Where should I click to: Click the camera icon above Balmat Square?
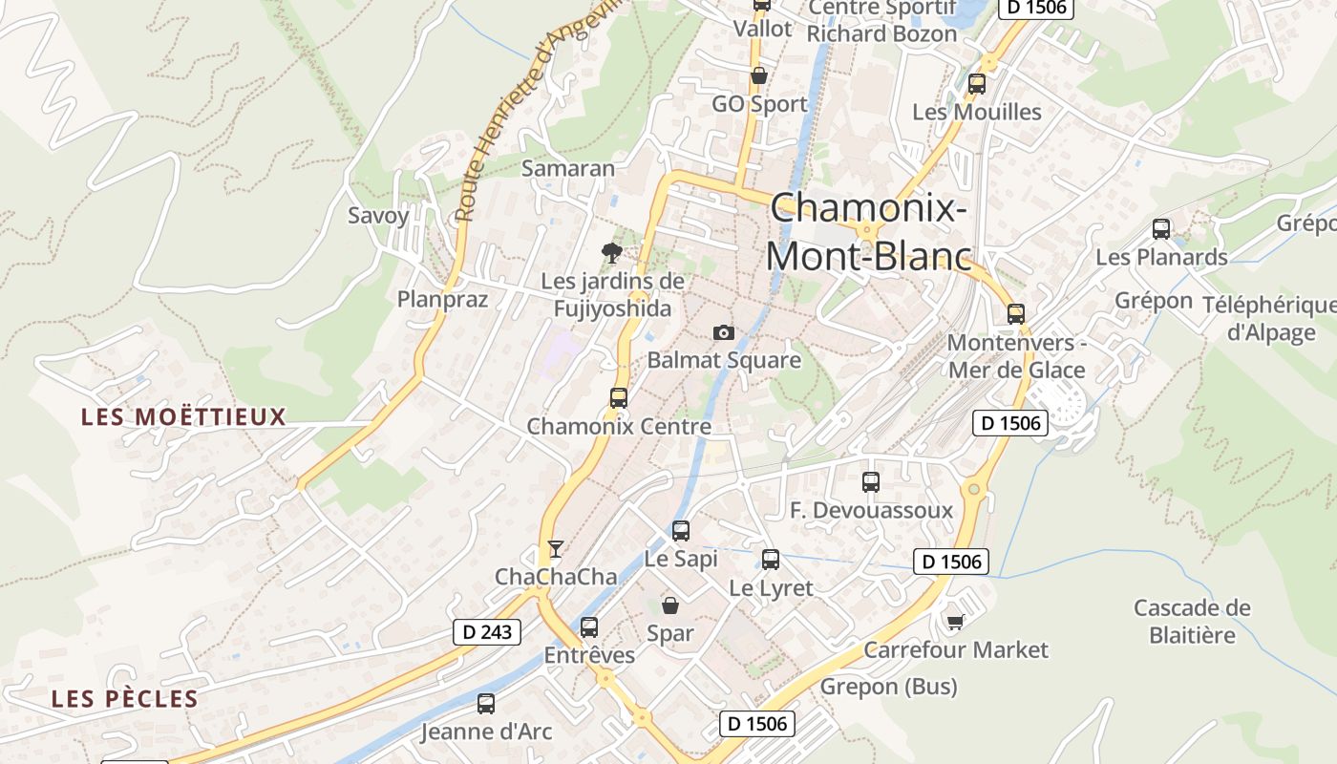point(724,332)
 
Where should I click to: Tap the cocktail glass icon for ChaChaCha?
point(555,548)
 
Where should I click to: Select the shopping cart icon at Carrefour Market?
point(954,623)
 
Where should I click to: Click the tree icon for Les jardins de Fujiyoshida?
point(611,253)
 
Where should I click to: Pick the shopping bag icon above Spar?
point(670,605)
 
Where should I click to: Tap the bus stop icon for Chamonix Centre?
point(619,398)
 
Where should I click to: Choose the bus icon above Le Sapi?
point(681,531)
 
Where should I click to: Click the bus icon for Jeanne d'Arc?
point(486,705)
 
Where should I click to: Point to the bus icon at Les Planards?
point(1161,229)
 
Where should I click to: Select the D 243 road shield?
point(486,631)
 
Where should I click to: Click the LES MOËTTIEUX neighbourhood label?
point(183,416)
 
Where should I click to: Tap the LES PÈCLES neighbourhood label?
point(125,698)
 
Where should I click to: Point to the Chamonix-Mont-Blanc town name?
point(868,232)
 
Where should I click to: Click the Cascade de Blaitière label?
point(1192,621)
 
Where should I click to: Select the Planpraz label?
point(442,299)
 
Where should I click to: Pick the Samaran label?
point(568,168)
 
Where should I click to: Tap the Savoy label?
point(378,215)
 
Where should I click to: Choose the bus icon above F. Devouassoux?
point(871,482)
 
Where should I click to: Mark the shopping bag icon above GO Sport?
point(759,75)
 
